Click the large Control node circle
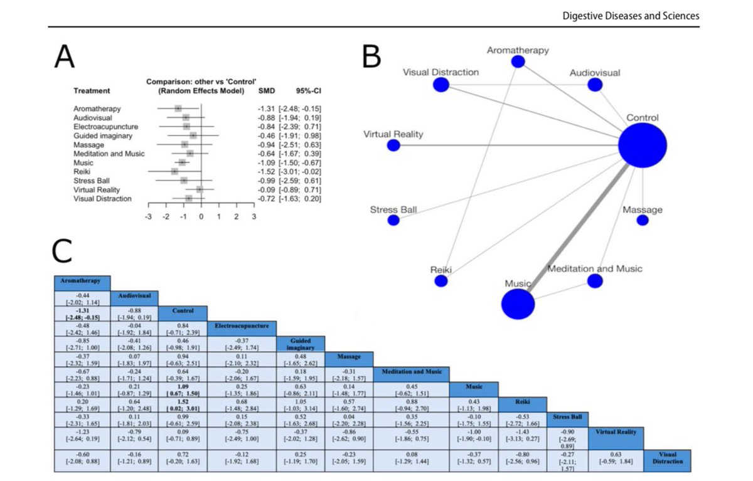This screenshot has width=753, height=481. point(642,145)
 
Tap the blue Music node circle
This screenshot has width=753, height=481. point(518,304)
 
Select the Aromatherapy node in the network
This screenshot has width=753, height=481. point(518,61)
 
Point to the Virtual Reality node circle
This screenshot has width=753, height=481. point(393,145)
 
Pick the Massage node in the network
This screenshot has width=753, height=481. point(642,220)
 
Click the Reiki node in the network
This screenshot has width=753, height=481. point(441,281)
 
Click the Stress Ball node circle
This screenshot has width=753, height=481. point(393,220)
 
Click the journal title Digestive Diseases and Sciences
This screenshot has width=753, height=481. point(631,16)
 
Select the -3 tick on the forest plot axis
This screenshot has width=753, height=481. point(148,216)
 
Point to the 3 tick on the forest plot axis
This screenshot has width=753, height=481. point(254,216)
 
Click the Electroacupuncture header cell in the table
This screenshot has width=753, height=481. point(242,326)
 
